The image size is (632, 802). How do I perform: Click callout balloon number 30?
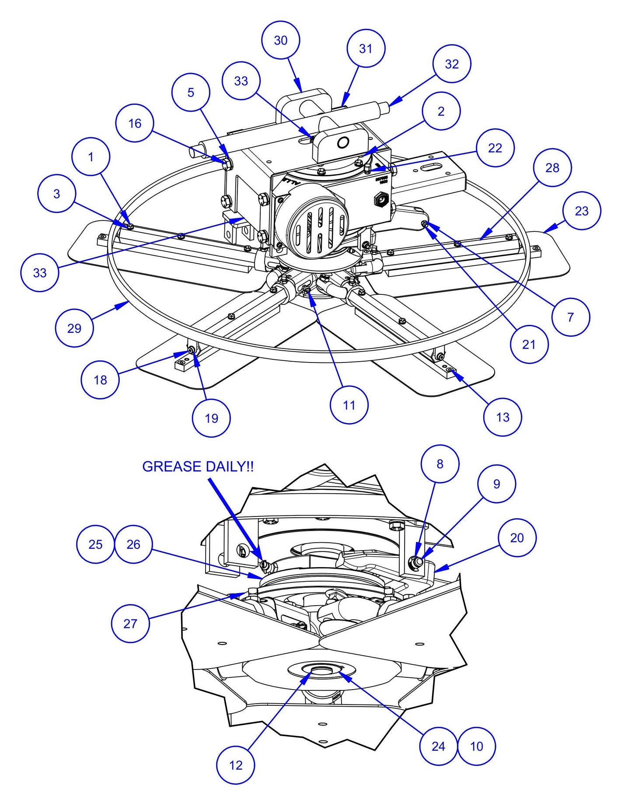(x=281, y=40)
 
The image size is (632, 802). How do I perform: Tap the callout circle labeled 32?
(x=452, y=64)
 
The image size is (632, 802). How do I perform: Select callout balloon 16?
(x=135, y=123)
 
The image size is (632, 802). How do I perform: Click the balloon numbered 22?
(x=495, y=148)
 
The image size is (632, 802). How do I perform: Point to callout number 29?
(x=74, y=328)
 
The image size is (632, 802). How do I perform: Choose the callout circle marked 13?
(x=503, y=417)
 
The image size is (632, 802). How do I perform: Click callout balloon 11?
(x=349, y=405)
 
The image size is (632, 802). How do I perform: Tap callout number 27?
(x=130, y=623)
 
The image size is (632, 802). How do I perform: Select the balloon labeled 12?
(x=236, y=765)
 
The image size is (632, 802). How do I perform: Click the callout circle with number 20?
(x=517, y=537)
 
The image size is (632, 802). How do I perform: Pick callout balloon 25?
(x=95, y=544)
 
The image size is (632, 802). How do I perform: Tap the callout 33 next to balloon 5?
(x=241, y=81)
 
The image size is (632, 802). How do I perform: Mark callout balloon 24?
(x=438, y=746)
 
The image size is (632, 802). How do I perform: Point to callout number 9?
(x=496, y=484)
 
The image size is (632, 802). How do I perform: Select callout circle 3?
(x=57, y=194)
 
